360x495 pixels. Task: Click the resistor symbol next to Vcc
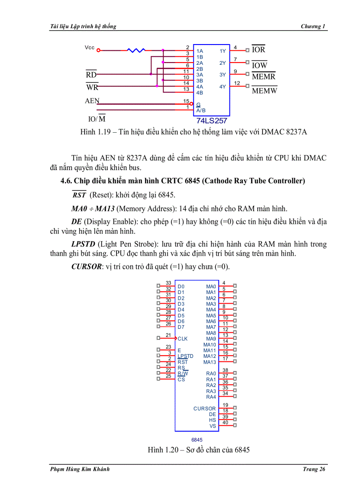click(x=136, y=50)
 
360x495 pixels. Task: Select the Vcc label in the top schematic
click(x=90, y=48)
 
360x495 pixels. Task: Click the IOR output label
click(x=259, y=50)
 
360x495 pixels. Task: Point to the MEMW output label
click(x=264, y=91)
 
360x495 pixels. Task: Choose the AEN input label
click(x=92, y=101)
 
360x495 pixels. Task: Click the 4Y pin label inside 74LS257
click(x=222, y=87)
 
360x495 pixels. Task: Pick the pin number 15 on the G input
click(x=186, y=101)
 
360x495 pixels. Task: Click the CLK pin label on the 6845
click(x=183, y=339)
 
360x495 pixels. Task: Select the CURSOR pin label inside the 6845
click(x=205, y=409)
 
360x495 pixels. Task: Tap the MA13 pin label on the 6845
click(x=210, y=362)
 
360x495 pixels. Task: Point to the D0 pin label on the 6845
click(x=181, y=287)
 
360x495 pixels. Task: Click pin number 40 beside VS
click(x=225, y=423)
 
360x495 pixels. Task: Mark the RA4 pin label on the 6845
click(x=211, y=397)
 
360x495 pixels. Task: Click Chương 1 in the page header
click(x=313, y=26)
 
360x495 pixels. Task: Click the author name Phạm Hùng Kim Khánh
click(x=79, y=469)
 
